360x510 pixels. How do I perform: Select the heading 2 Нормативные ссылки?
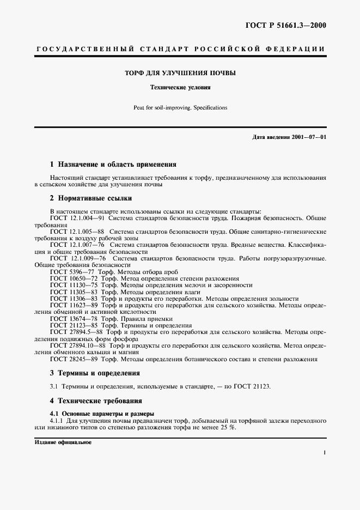click(x=90, y=198)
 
